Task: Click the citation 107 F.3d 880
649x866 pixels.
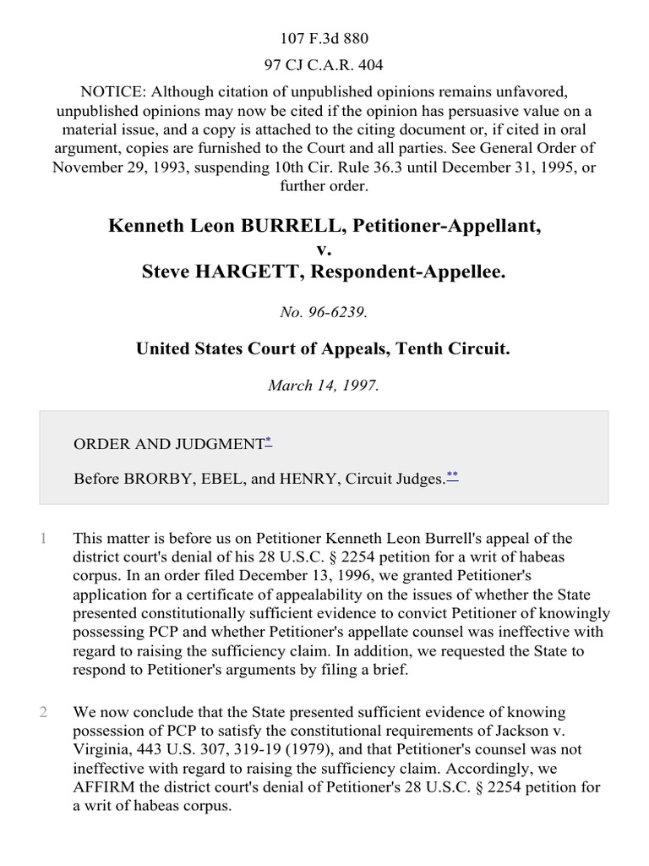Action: point(324,38)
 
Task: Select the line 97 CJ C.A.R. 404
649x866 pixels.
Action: point(324,64)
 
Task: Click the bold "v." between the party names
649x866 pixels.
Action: point(324,249)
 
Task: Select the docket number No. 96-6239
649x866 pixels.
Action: point(324,312)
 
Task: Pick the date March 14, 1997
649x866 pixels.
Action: point(324,385)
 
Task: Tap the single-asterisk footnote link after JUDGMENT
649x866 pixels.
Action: point(268,441)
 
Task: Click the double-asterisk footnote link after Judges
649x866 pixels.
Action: point(452,476)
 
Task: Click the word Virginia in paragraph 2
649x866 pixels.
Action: point(103,749)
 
